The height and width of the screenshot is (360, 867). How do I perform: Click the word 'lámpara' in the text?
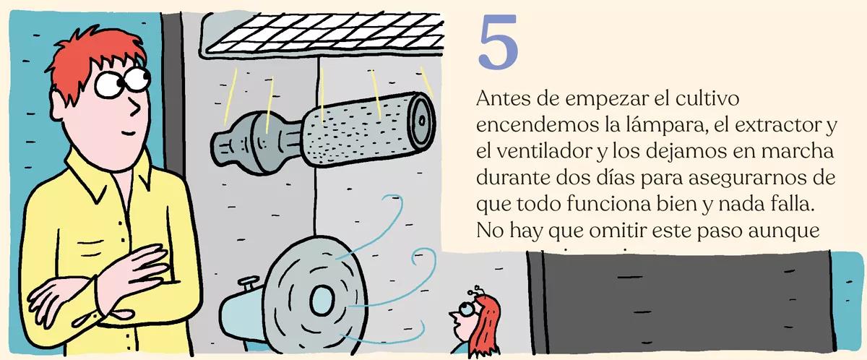(x=655, y=127)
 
